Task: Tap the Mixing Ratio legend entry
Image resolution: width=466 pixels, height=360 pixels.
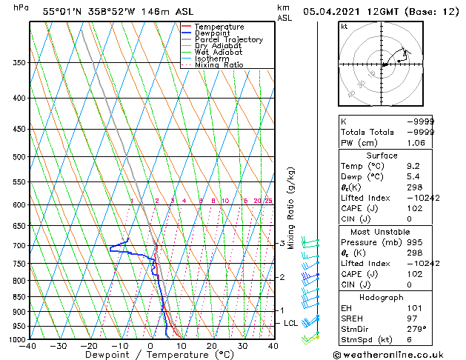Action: pos(219,65)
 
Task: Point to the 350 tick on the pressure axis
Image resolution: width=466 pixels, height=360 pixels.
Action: pos(19,63)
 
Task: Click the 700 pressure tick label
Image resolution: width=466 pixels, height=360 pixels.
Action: pos(19,245)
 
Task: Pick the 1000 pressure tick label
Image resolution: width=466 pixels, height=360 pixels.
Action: pos(16,339)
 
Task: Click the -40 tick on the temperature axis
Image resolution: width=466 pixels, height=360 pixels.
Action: pos(30,346)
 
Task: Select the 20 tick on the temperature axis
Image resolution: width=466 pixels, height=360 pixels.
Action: pos(211,346)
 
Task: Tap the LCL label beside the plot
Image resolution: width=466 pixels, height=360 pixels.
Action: pos(290,324)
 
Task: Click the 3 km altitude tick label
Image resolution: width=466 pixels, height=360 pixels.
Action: pos(282,243)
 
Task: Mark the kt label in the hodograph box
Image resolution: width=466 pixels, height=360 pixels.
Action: pos(344,27)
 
